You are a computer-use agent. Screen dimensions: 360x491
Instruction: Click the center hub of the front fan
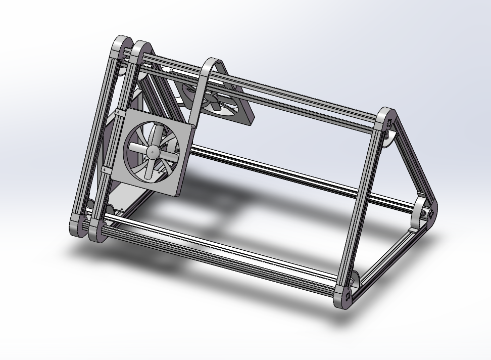153,150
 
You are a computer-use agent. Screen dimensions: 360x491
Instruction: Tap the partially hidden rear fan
217,104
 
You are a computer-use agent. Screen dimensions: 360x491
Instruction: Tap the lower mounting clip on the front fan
105,169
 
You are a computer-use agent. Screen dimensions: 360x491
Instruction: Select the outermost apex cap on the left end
120,46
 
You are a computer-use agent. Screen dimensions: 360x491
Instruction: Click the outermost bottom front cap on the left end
78,225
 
